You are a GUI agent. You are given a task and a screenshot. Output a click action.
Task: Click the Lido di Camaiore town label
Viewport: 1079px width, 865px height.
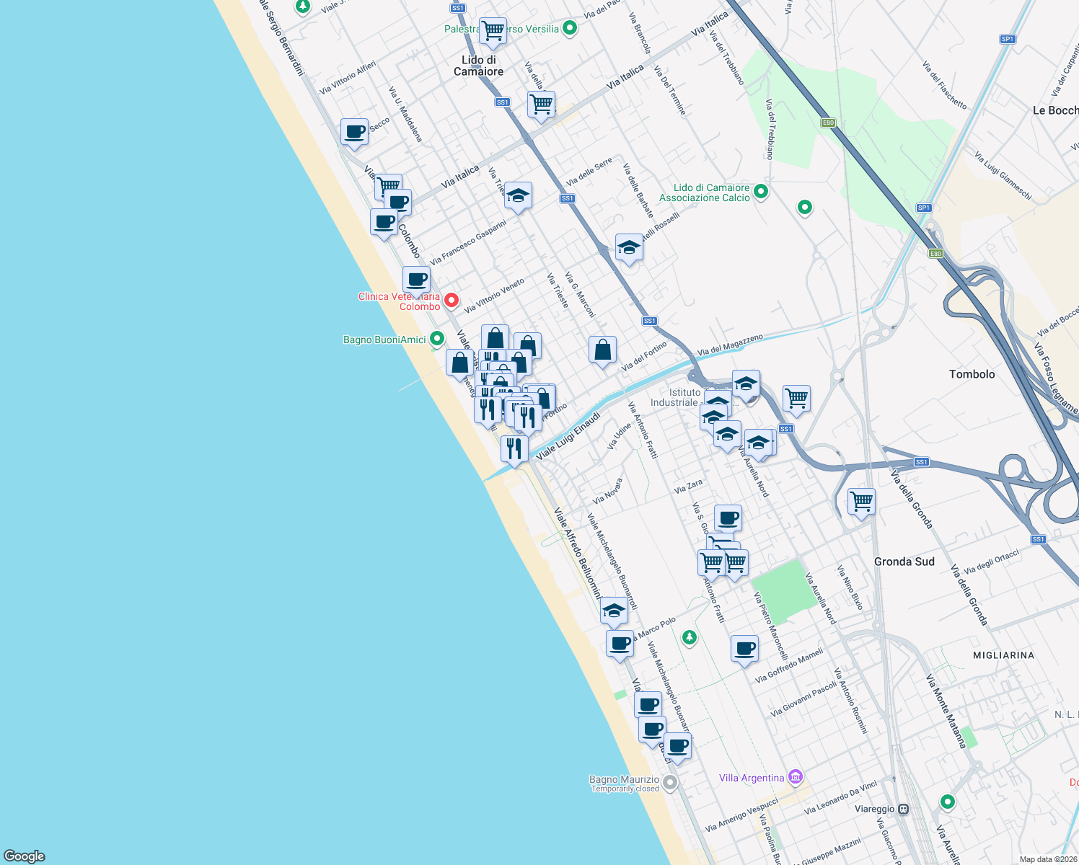[x=478, y=66]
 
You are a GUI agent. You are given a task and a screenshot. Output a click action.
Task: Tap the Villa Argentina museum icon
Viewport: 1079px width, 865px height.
[x=795, y=777]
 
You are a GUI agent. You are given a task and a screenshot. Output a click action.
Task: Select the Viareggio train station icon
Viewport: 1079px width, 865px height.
[x=902, y=809]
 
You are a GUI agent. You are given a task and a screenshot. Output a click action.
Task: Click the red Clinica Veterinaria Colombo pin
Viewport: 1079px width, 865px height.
[x=452, y=300]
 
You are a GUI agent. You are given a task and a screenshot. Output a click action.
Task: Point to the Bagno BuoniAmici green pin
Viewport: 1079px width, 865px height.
[x=436, y=338]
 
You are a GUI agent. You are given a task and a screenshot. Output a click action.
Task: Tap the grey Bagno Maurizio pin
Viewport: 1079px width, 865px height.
[x=670, y=782]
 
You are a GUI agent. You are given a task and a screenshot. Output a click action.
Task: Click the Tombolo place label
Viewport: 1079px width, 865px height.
[x=972, y=374]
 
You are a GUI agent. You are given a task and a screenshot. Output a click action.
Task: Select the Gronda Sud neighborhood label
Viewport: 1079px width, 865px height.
[x=904, y=562]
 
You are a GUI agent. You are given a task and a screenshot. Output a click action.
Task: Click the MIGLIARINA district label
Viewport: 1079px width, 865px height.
[x=1003, y=655]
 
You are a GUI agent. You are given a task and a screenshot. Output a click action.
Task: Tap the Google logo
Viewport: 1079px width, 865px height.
[x=25, y=856]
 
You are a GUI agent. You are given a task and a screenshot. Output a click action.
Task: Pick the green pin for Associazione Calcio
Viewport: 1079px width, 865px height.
[x=760, y=192]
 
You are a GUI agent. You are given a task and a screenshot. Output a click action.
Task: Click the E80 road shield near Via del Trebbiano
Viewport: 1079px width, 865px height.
[x=828, y=123]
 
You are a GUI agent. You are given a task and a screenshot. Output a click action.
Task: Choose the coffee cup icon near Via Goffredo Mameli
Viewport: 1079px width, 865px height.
[x=744, y=649]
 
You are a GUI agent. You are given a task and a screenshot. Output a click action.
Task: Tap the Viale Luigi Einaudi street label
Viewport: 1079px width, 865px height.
[x=568, y=436]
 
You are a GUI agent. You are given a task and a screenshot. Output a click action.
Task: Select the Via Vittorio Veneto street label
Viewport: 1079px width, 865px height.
[x=494, y=296]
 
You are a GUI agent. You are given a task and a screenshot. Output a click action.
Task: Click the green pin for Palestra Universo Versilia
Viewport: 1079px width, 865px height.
[x=570, y=29]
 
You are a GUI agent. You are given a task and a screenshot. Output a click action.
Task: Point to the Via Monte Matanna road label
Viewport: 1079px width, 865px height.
[x=946, y=711]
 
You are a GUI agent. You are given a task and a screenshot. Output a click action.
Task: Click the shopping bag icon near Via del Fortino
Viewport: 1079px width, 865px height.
[x=602, y=350]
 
